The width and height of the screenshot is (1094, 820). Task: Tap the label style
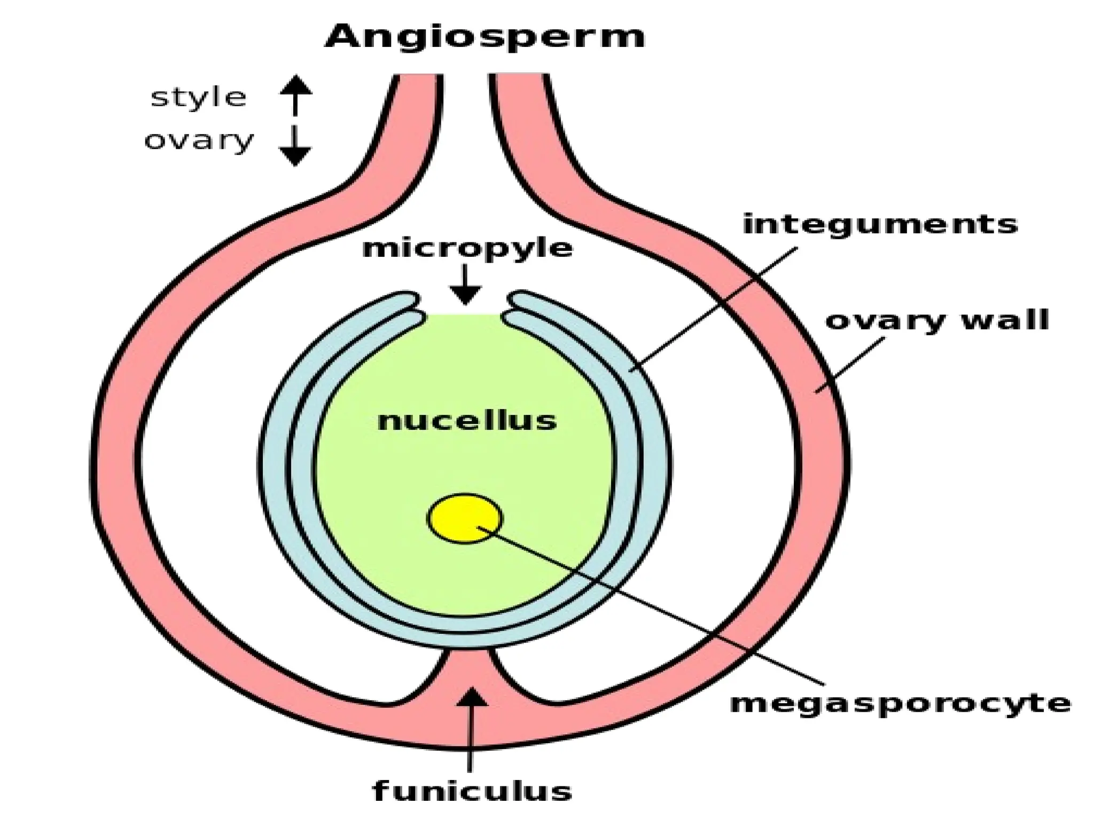tap(199, 98)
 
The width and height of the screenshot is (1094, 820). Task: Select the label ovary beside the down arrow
tap(199, 141)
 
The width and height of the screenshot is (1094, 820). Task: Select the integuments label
tap(880, 224)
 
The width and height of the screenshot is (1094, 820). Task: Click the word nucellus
tap(467, 421)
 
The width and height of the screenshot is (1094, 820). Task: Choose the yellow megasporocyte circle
tap(464, 519)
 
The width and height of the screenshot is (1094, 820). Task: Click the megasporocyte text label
tap(901, 703)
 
